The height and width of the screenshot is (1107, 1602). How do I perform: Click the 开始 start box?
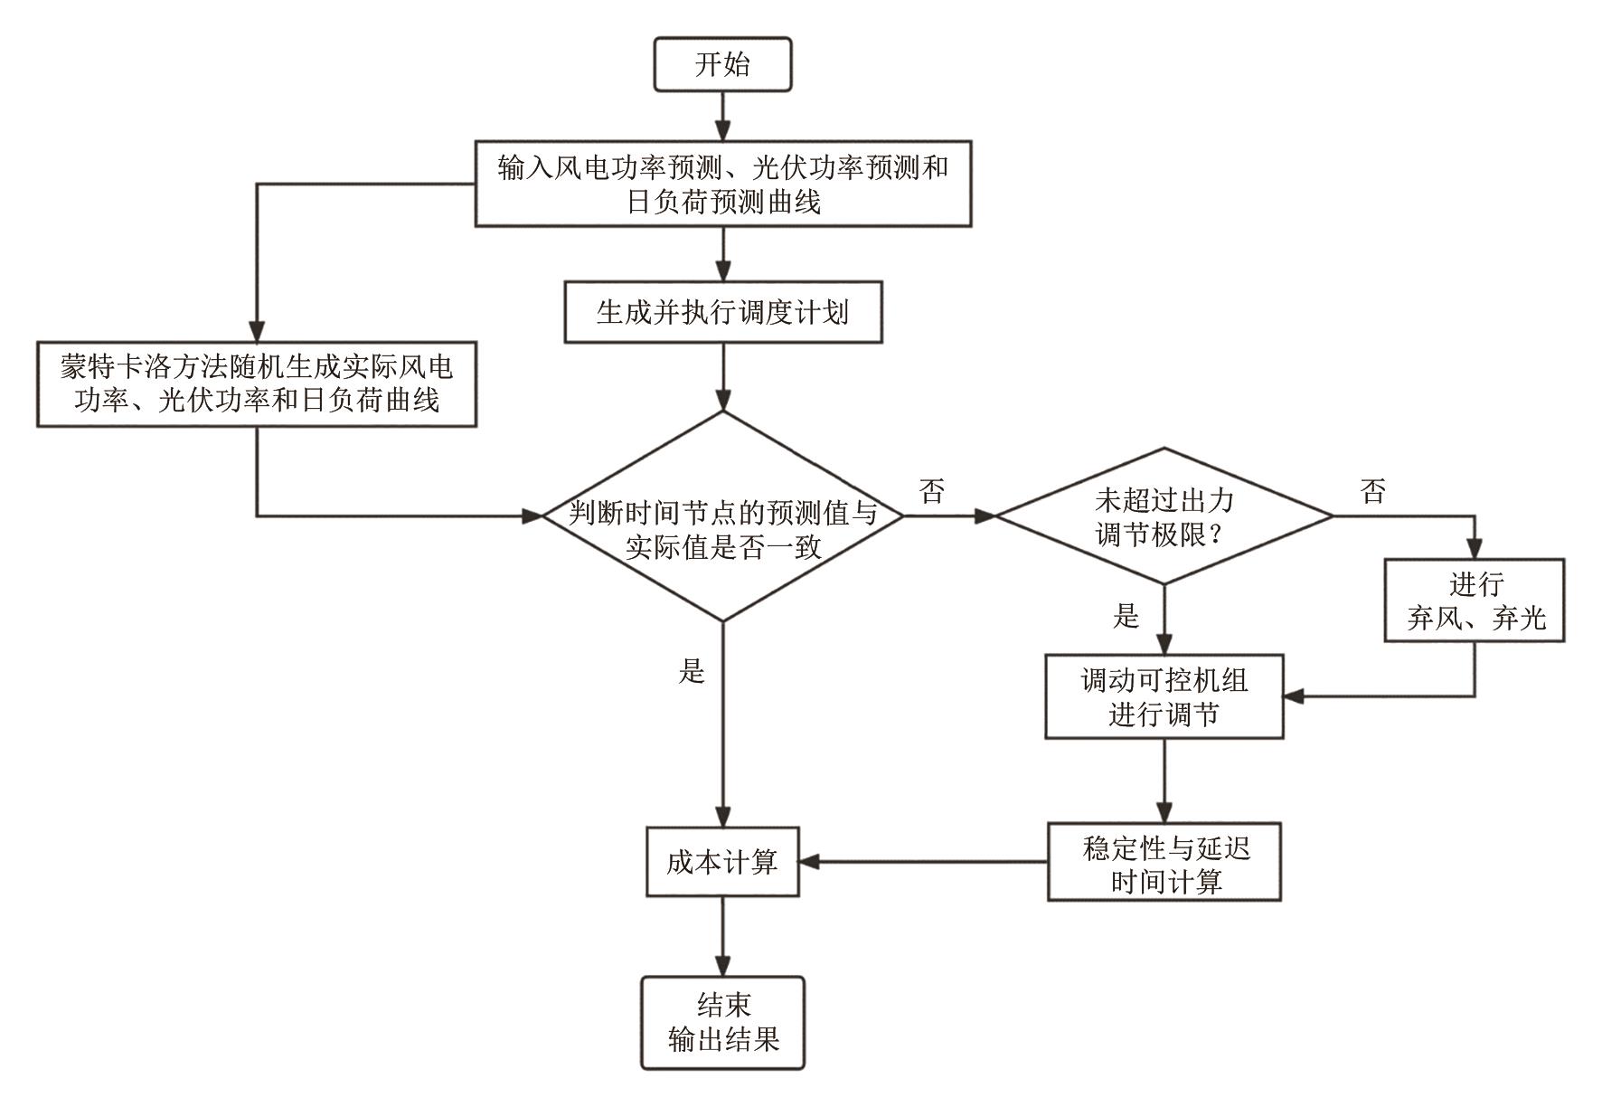(722, 64)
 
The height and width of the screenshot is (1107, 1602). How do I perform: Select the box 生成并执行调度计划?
(722, 313)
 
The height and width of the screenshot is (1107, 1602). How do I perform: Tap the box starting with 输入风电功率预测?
(722, 184)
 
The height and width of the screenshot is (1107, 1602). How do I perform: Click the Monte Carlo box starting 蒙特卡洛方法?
(256, 383)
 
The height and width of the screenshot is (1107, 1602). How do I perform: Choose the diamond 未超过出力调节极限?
(1164, 516)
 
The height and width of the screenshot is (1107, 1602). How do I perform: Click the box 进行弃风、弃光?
(1474, 601)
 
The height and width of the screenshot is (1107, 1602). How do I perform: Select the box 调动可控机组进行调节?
(1164, 696)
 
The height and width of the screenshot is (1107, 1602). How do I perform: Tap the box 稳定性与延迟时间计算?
(1164, 862)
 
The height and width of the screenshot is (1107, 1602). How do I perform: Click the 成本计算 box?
(722, 862)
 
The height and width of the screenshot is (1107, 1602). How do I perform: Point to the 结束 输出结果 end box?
(722, 1022)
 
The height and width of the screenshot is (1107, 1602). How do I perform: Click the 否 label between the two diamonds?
(932, 491)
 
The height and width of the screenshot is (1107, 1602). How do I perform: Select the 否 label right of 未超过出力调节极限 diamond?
(1372, 491)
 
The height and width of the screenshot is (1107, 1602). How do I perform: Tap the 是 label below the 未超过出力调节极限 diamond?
(1126, 617)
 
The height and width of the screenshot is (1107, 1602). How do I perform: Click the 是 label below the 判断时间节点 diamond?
(692, 671)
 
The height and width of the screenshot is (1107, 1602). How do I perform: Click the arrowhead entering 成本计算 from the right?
(809, 862)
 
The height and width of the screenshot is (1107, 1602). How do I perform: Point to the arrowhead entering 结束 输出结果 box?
(722, 966)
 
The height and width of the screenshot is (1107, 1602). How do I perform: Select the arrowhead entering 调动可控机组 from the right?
(1294, 696)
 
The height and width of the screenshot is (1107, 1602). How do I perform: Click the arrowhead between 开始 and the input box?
(722, 130)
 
